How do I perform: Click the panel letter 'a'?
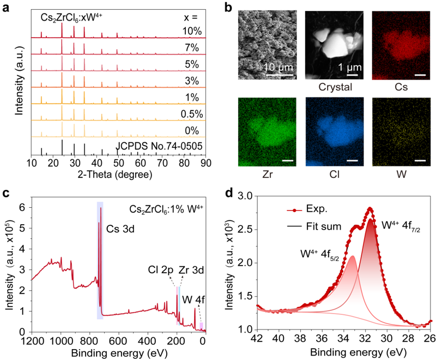coord(5,8)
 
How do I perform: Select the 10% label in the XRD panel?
coord(192,31)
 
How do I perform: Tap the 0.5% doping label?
coord(192,114)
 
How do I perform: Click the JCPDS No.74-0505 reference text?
coord(159,146)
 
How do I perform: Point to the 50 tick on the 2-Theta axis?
coord(118,163)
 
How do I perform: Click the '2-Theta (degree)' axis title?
coord(115,175)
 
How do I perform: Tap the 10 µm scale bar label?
coord(278,67)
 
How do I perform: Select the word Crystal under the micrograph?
coord(335,87)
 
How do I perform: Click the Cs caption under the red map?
coord(401,87)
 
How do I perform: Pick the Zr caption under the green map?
coord(267,175)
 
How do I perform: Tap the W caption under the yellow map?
coord(401,175)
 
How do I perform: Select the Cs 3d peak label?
coord(120,229)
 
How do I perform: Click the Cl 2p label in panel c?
coord(160,270)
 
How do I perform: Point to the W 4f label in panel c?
coord(193,299)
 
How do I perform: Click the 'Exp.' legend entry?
coord(317,209)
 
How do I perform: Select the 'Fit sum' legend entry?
coord(324,226)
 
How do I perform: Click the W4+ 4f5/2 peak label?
coord(319,255)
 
